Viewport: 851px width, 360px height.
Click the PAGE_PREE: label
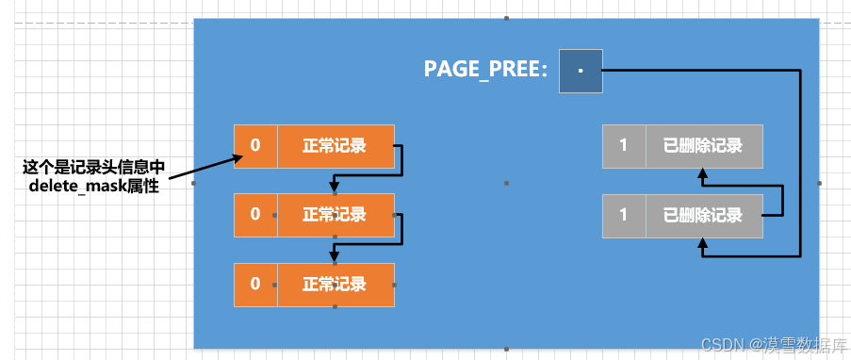click(x=485, y=70)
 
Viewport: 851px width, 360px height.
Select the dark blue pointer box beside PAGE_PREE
click(x=581, y=71)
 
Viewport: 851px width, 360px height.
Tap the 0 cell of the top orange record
click(x=255, y=145)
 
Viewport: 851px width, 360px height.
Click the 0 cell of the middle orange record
click(x=255, y=214)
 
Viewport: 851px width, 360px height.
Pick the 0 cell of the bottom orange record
click(x=255, y=284)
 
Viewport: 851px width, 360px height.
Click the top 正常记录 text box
click(x=335, y=145)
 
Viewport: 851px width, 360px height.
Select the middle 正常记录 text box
click(x=335, y=214)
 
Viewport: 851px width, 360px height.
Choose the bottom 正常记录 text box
click(x=335, y=284)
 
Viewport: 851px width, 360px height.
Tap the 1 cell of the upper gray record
click(x=623, y=145)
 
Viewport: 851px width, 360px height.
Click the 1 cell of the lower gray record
click(x=623, y=214)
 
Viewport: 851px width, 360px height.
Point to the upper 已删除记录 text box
click(x=703, y=145)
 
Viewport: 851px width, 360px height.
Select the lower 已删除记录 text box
click(x=703, y=214)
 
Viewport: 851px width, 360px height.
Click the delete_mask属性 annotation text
click(x=93, y=187)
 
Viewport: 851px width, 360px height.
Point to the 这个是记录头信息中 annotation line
click(x=93, y=168)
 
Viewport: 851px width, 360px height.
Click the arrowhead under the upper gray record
click(x=702, y=173)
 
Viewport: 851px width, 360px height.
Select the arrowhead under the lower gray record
click(x=702, y=243)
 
